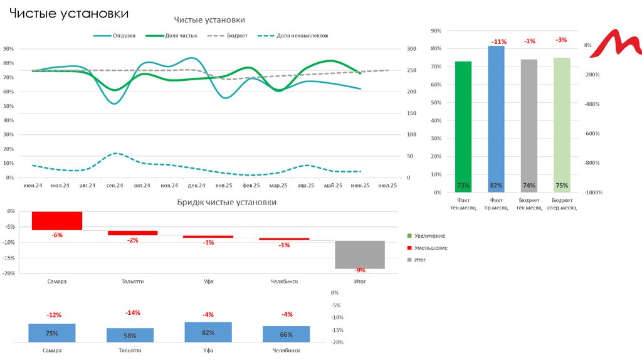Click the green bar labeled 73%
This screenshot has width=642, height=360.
pos(463,125)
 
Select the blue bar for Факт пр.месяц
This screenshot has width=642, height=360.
pos(496,119)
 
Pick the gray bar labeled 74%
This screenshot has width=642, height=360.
pos(529,125)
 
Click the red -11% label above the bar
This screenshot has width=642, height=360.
pos(499,41)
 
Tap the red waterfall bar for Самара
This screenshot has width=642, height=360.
pos(57,221)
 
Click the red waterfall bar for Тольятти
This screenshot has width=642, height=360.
pos(133,233)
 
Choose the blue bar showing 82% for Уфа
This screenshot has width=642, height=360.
pos(208,332)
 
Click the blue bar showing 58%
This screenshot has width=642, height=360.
pos(130,335)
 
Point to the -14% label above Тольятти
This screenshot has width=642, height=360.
pos(133,312)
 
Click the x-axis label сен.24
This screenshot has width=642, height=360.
pos(115,186)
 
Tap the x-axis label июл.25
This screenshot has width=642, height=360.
pos(388,186)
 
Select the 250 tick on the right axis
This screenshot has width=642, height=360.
pos(411,70)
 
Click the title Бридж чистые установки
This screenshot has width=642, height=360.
pos(226,203)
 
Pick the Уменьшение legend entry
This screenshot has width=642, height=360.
pos(431,248)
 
